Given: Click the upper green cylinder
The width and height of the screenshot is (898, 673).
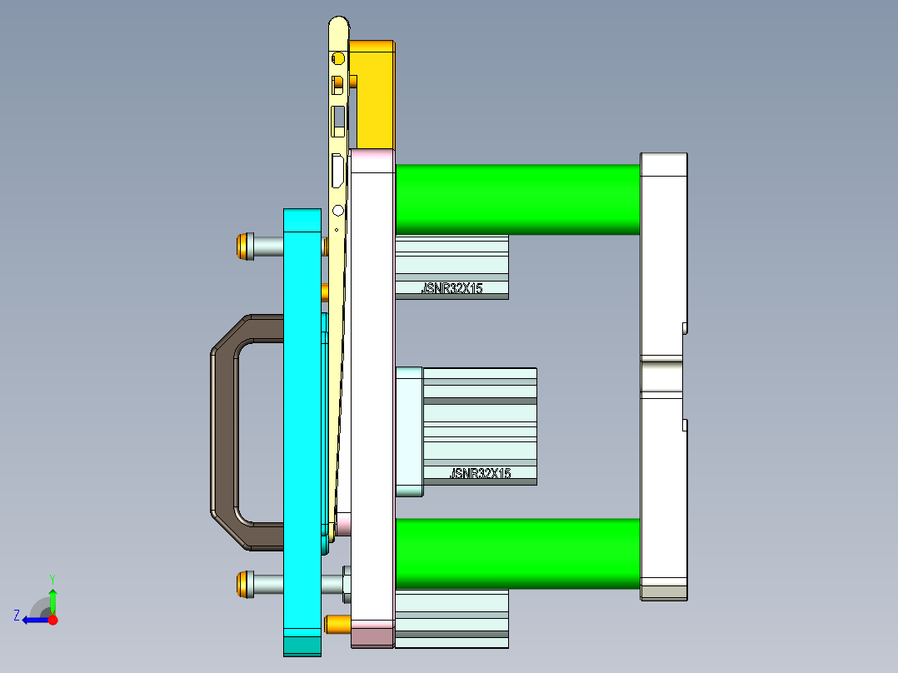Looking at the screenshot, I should pyautogui.click(x=516, y=199).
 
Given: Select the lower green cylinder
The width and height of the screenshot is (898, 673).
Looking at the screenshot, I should pyautogui.click(x=516, y=553).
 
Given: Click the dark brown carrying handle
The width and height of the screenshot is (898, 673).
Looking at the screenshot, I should pyautogui.click(x=225, y=433).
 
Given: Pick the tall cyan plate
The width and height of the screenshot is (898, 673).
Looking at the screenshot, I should pyautogui.click(x=302, y=416).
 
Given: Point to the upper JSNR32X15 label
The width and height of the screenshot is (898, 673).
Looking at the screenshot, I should pyautogui.click(x=451, y=289).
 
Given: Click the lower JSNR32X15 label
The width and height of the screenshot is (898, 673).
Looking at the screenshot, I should pyautogui.click(x=480, y=473).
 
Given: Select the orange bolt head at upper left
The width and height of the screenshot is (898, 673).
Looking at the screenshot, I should pyautogui.click(x=244, y=247).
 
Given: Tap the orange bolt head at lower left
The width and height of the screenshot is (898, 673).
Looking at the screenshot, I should pyautogui.click(x=244, y=583).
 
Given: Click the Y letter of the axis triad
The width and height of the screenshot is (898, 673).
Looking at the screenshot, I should pyautogui.click(x=52, y=578).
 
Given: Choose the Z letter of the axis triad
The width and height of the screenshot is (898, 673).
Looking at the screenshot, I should pyautogui.click(x=17, y=616).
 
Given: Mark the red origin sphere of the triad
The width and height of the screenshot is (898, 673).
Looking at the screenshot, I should pyautogui.click(x=52, y=620).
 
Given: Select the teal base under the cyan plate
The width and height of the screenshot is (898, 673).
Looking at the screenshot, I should pyautogui.click(x=302, y=646).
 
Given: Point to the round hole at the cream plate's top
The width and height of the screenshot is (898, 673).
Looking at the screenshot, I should pyautogui.click(x=338, y=58).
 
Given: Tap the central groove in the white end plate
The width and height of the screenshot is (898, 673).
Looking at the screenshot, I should pyautogui.click(x=662, y=374).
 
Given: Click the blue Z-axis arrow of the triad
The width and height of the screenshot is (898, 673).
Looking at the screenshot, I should pyautogui.click(x=35, y=620).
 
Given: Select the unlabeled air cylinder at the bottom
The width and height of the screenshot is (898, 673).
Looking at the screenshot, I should pyautogui.click(x=451, y=619).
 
